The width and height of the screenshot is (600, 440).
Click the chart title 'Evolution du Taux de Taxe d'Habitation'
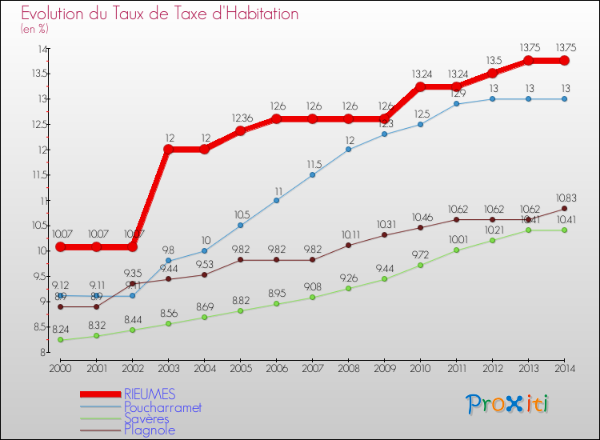pyautogui.click(x=160, y=14)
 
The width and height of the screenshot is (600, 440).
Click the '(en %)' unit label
pyautogui.click(x=34, y=29)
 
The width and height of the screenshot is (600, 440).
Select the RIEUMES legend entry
pyautogui.click(x=150, y=394)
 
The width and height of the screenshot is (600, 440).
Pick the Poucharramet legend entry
pyautogui.click(x=162, y=406)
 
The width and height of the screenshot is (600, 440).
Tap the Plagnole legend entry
pyautogui.click(x=150, y=430)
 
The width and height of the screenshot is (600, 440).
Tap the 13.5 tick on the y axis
pyautogui.click(x=38, y=74)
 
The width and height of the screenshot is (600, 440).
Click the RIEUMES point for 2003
pyautogui.click(x=168, y=149)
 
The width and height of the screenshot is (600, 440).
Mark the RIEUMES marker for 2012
pyautogui.click(x=492, y=74)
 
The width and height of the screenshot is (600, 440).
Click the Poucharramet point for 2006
pyautogui.click(x=276, y=200)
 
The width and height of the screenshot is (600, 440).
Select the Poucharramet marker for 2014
pyautogui.click(x=564, y=98)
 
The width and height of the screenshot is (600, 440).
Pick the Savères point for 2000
pyautogui.click(x=60, y=340)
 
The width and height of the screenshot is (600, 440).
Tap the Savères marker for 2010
pyautogui.click(x=420, y=265)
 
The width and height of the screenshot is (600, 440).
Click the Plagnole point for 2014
pyautogui.click(x=564, y=209)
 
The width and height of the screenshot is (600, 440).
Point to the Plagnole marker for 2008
pyautogui.click(x=348, y=245)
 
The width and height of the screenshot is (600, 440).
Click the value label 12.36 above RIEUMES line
pyautogui.click(x=240, y=118)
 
